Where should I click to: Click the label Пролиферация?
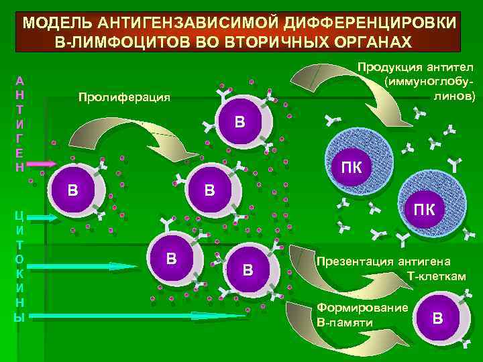click(125, 97)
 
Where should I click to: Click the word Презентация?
click(356, 262)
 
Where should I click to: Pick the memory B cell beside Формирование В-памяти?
click(437, 317)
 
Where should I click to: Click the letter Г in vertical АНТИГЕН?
click(19, 137)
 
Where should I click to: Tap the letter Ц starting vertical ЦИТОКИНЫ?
click(19, 215)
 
